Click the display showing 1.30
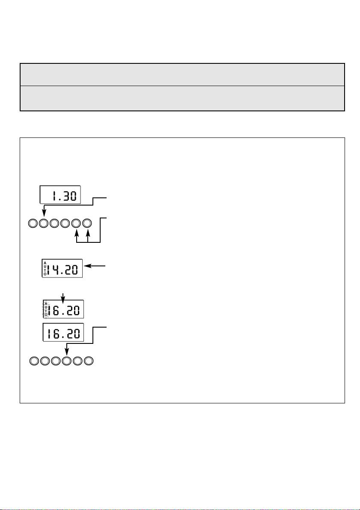coord(60,196)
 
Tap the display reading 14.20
coord(62,269)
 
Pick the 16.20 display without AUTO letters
coord(63,332)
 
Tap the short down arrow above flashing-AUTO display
coord(63,296)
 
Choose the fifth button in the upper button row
coord(77,223)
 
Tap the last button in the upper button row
coord(87,223)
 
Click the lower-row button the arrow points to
coord(67,361)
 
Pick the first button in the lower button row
coord(34,361)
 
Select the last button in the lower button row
coord(89,361)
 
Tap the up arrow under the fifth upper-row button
coord(77,235)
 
